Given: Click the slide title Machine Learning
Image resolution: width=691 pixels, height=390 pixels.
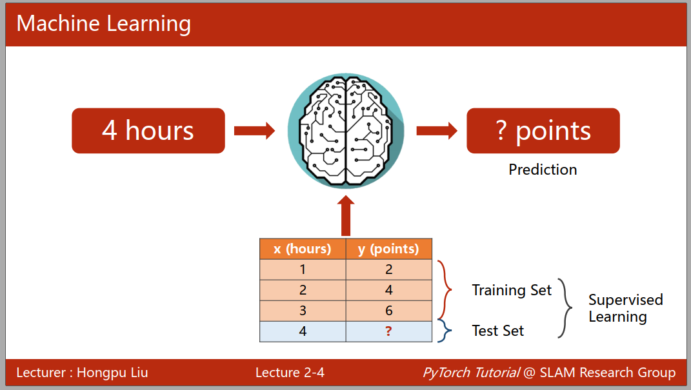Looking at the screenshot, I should point(104,24).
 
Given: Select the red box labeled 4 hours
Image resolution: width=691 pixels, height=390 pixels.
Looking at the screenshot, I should point(148,131).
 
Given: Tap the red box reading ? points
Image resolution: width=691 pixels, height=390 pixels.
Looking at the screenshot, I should point(543,131).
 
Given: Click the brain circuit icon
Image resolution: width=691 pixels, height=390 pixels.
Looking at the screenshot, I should point(346,131).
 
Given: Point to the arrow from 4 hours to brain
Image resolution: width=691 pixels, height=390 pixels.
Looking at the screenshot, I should point(254,131).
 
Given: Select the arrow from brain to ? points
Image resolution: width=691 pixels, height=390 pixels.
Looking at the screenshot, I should point(437,131).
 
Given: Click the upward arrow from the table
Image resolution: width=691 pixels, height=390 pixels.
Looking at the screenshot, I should point(346,217).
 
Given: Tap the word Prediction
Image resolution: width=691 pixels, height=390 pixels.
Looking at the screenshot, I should point(543,170).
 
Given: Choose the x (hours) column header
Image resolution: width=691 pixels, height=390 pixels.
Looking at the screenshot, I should point(303,249).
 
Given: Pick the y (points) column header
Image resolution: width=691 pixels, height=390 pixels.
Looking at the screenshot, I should point(388,249).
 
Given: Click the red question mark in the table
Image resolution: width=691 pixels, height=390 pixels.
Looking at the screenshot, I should point(388,331).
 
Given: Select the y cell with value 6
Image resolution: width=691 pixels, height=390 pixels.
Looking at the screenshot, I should point(388,311).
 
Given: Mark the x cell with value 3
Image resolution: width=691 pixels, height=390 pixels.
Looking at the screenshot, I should point(303,311).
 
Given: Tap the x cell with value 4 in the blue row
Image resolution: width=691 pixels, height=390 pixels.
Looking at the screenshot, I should point(303,331).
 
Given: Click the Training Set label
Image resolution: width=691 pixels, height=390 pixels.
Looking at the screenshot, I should point(512,290).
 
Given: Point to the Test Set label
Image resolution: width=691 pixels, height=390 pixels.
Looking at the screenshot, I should point(498,331).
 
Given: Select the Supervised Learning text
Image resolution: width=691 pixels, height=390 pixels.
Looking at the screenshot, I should point(625,308).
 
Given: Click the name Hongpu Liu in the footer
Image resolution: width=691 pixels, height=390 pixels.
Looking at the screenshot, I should point(112,373).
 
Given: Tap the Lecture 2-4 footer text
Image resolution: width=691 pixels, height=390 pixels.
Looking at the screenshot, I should point(290,373).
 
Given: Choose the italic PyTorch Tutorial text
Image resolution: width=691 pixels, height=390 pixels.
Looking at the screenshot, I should point(471,373).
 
